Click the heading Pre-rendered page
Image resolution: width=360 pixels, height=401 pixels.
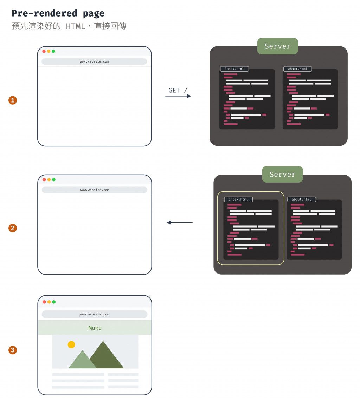point(58,14)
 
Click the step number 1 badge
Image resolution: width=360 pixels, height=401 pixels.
point(13,100)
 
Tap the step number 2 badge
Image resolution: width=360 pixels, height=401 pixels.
point(13,228)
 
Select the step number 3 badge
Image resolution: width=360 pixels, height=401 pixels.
point(13,350)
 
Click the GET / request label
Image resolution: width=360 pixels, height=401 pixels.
point(178,90)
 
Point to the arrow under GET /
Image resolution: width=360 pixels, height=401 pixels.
point(178,96)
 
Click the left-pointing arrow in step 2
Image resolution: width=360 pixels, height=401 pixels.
point(179,223)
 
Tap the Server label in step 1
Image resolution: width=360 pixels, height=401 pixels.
point(277,46)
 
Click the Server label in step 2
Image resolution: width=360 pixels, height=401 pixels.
point(282,175)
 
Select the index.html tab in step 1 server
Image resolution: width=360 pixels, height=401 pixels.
point(234,69)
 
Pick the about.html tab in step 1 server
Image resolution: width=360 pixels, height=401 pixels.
point(297,69)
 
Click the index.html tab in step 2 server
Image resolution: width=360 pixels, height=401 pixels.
point(238,199)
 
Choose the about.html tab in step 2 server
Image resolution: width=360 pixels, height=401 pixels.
point(302,199)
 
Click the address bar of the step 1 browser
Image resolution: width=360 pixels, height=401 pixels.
point(94,61)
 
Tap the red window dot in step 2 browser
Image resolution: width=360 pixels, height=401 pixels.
point(44,179)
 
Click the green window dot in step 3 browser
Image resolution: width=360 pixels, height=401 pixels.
point(54,302)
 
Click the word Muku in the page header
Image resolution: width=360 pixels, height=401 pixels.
point(95,328)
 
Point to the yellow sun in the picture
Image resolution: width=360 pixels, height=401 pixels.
point(71,344)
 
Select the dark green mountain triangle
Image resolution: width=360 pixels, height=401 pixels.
point(105,356)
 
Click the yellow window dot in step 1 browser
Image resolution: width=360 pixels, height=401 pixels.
point(49,51)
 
